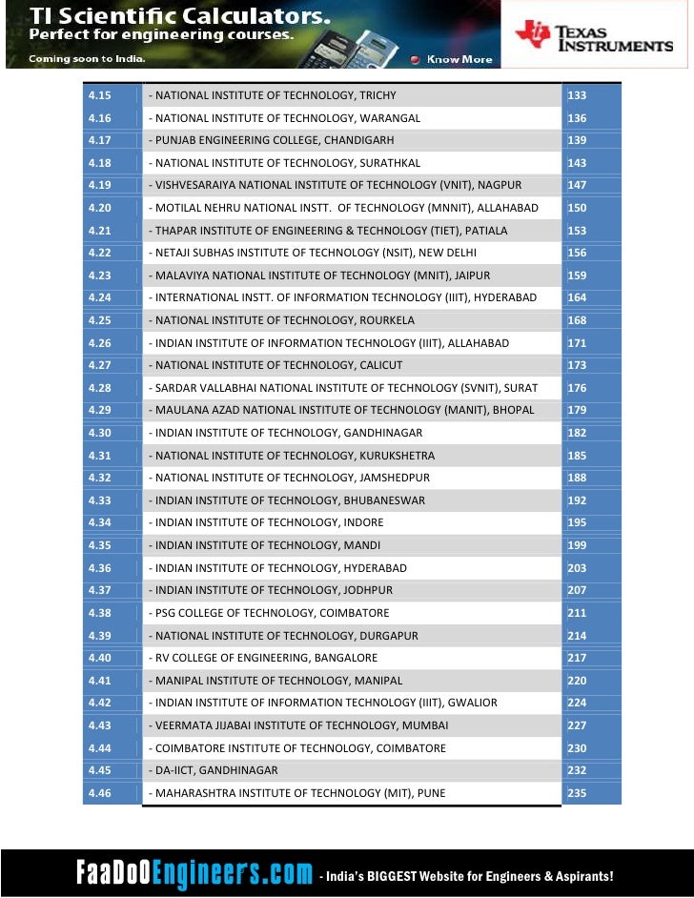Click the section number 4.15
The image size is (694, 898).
[100, 95]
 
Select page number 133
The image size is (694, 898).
[577, 95]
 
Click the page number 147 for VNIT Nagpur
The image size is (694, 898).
[577, 185]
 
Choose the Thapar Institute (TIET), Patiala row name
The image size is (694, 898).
[328, 231]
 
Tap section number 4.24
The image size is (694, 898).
[100, 297]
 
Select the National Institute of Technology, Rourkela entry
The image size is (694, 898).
[281, 320]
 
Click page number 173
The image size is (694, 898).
[577, 365]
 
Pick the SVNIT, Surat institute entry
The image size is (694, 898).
[343, 388]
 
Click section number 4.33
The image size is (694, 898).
[100, 500]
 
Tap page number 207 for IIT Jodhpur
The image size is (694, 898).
[577, 590]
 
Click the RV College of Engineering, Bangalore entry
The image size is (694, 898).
[263, 658]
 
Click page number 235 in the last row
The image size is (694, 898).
[577, 793]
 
